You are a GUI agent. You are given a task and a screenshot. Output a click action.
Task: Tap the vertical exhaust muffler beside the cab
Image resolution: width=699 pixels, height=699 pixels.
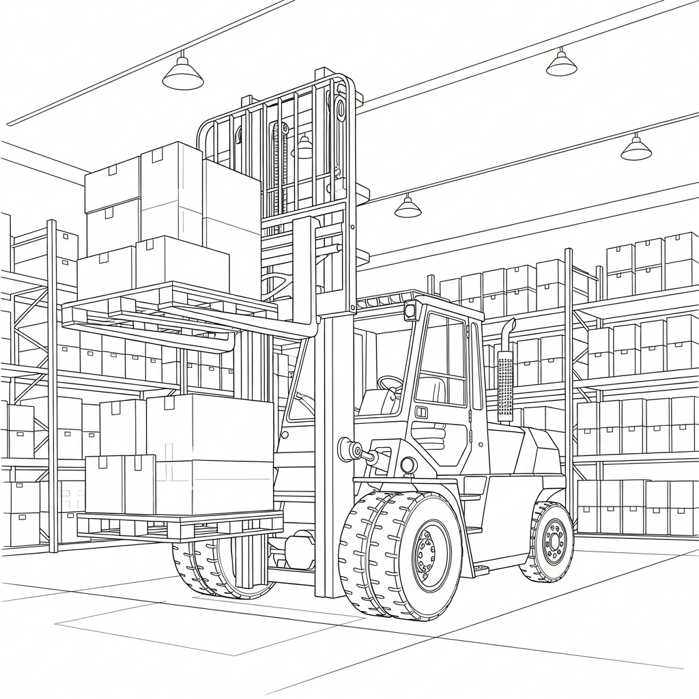(x=505, y=386)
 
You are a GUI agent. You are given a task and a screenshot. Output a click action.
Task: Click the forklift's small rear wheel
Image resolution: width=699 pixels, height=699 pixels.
(x=549, y=541)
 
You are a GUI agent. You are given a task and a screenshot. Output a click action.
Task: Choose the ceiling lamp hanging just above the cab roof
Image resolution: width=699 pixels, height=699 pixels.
(x=408, y=207)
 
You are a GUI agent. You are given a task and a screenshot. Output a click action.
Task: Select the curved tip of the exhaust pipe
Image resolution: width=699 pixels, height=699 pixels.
(x=508, y=326)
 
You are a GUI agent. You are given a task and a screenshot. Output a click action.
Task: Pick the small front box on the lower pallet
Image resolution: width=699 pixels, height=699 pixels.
(x=119, y=484)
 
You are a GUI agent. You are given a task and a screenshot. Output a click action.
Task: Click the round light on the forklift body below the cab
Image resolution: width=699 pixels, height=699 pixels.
(x=408, y=465)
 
